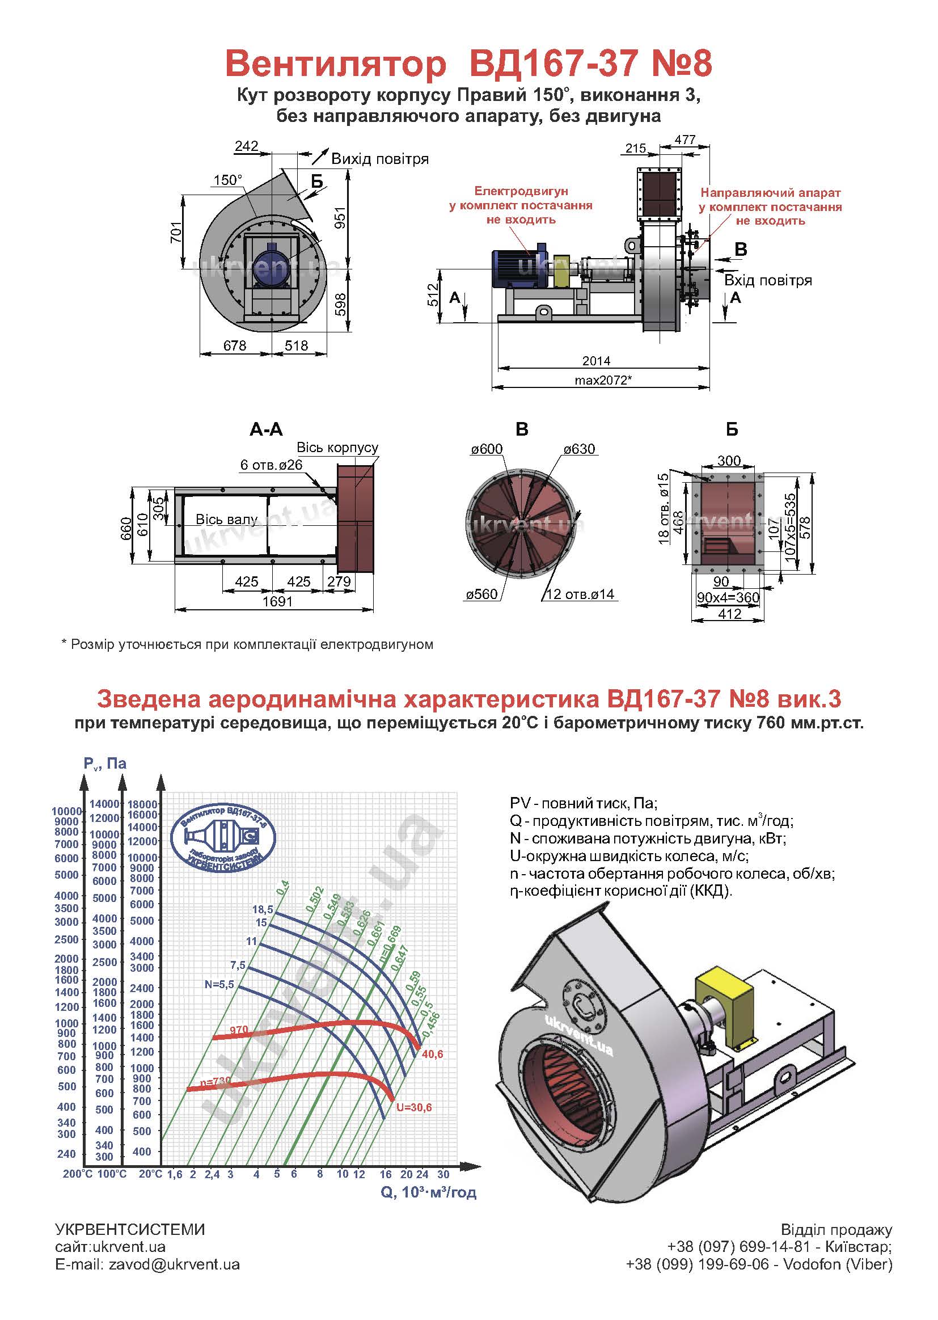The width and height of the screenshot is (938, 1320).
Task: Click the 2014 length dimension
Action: [x=596, y=361]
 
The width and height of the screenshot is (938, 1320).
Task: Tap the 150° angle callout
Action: [x=228, y=180]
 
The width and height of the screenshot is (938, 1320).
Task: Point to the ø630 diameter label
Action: [x=579, y=449]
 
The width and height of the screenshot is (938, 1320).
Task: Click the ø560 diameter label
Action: [x=481, y=594]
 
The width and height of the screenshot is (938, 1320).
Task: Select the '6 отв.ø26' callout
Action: [x=272, y=465]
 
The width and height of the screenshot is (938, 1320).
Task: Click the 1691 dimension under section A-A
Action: [x=278, y=601]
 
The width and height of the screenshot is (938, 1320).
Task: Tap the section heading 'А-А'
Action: [x=267, y=429]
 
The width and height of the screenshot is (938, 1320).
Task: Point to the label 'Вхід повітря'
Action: [x=768, y=281]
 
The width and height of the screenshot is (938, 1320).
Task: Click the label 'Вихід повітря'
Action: [x=380, y=159]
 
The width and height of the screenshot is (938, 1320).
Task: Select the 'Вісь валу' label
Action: [x=226, y=520]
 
